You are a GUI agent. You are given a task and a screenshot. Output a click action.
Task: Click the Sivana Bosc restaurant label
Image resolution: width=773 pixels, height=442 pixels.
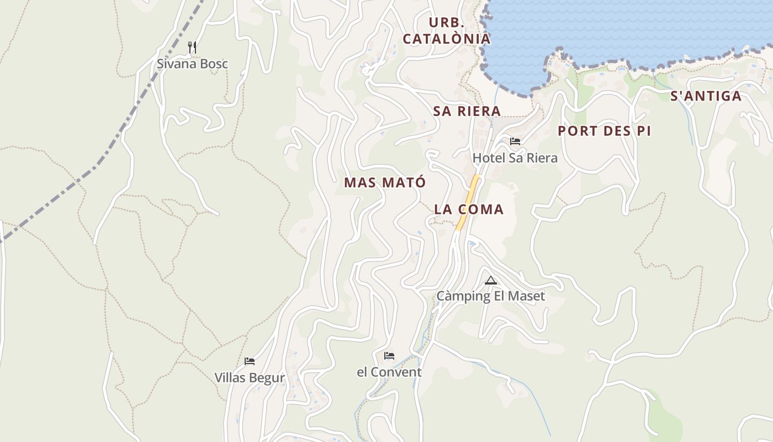[x=192, y=64]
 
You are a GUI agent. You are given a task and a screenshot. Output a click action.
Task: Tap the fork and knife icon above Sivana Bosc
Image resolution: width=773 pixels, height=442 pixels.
[x=192, y=47]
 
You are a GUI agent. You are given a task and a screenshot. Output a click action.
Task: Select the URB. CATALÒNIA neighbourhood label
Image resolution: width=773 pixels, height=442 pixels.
[x=446, y=30]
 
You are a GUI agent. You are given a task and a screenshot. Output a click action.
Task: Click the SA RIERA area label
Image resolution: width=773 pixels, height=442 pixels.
[x=467, y=111]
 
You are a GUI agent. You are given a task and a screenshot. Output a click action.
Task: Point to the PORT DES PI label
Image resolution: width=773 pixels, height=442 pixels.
[x=604, y=131]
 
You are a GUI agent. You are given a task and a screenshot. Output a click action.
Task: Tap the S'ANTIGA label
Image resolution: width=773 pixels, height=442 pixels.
[x=706, y=96]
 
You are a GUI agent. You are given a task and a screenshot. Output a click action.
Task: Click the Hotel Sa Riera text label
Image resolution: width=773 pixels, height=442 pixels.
[x=515, y=158]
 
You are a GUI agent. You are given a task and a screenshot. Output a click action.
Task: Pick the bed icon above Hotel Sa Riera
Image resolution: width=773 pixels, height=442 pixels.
[x=515, y=141]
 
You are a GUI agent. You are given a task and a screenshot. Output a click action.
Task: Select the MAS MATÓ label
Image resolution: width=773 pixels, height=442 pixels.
[x=385, y=182]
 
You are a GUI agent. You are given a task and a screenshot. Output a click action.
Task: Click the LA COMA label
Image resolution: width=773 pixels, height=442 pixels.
[x=469, y=209]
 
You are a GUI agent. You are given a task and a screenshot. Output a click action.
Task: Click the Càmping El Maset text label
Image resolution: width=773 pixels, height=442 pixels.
[x=490, y=296]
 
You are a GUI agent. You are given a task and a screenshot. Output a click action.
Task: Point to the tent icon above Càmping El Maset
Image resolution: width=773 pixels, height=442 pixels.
[x=490, y=280]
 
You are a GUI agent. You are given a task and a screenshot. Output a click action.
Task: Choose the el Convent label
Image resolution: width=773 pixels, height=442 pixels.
[x=389, y=372]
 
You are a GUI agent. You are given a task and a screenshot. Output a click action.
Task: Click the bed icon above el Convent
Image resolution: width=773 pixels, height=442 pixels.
[x=389, y=355]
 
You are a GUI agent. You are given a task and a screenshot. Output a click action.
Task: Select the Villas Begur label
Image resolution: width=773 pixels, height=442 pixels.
[x=250, y=378]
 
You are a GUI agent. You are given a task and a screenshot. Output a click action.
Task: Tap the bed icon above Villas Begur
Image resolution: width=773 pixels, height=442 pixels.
[x=250, y=361]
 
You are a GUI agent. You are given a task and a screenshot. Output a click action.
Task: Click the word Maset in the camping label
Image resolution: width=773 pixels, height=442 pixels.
[x=527, y=296]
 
